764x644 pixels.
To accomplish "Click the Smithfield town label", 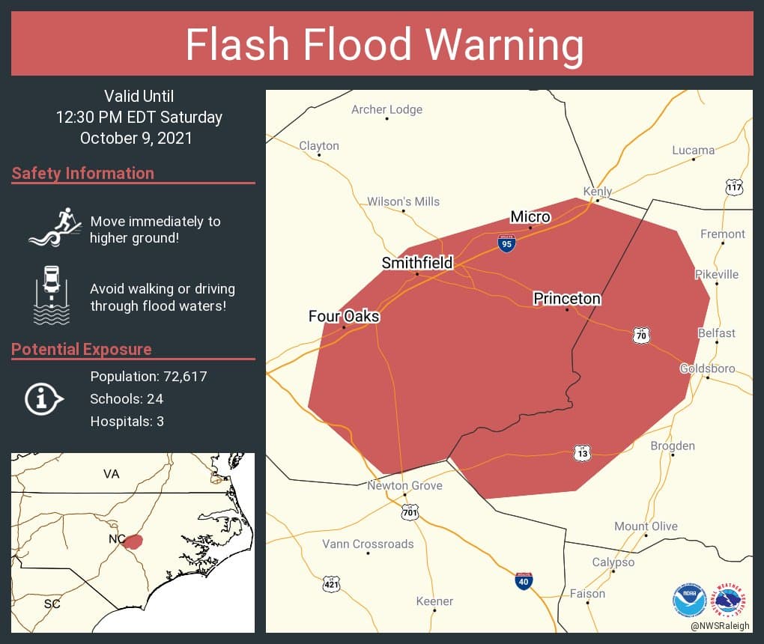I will click(417, 263).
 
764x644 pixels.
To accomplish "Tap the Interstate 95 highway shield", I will click(507, 243).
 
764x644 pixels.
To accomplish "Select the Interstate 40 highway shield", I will click(524, 581).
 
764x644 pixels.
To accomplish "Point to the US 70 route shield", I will click(640, 335).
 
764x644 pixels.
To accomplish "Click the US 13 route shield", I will click(583, 453).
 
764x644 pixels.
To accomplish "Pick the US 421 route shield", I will click(331, 583).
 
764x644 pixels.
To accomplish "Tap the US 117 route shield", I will click(735, 187).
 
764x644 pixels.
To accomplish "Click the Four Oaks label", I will click(344, 316).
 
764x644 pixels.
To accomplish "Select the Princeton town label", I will click(567, 299).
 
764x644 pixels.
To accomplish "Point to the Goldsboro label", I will click(707, 368).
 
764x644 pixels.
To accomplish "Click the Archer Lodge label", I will click(386, 109).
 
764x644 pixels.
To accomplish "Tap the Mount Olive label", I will click(646, 526).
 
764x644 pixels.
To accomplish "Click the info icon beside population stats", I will click(44, 398).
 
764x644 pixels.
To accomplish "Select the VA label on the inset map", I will click(112, 474).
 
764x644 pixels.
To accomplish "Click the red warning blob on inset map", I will click(133, 541).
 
